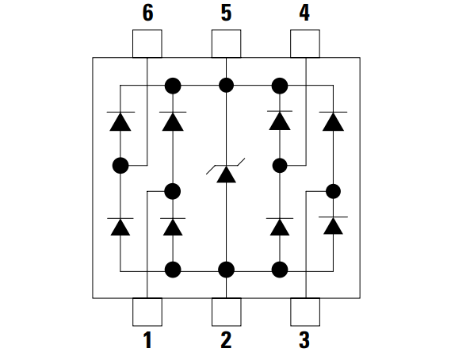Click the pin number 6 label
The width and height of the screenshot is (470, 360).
click(x=147, y=13)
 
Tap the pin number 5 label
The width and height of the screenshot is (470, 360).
click(x=227, y=13)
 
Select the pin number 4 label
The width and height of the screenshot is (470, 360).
click(x=304, y=13)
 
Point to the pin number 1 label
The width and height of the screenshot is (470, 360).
click(x=147, y=340)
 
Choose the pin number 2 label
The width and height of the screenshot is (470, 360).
click(x=226, y=340)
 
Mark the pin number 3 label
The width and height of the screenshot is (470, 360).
click(x=304, y=340)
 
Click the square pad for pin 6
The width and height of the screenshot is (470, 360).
click(x=147, y=44)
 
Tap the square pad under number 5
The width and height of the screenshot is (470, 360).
click(x=227, y=44)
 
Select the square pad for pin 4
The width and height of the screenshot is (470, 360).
click(x=305, y=44)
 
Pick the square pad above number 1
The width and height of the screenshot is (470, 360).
click(x=147, y=312)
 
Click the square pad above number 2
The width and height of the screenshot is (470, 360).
click(x=227, y=312)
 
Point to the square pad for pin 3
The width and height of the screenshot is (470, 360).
click(x=305, y=312)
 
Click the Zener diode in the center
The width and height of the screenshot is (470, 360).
click(x=226, y=170)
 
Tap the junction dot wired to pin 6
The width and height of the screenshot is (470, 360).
click(x=120, y=165)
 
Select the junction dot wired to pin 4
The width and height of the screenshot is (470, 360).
click(x=280, y=166)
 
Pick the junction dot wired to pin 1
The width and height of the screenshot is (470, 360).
click(x=173, y=191)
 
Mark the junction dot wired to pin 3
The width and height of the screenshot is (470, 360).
click(x=333, y=191)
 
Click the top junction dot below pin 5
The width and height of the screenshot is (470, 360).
click(x=227, y=85)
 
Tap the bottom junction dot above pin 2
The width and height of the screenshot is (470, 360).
click(x=227, y=270)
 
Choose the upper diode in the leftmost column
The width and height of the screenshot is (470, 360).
click(x=120, y=121)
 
